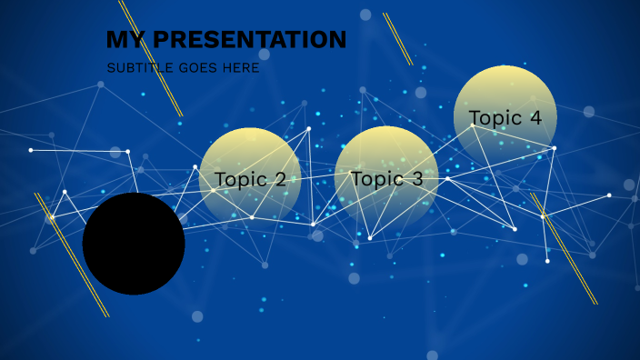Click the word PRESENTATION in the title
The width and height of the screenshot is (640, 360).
(249, 40)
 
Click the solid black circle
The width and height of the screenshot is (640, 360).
(134, 244)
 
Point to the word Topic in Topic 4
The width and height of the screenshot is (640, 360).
(495, 118)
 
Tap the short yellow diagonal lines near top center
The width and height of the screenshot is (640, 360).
(397, 39)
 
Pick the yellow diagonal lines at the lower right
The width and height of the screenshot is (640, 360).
(564, 248)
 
